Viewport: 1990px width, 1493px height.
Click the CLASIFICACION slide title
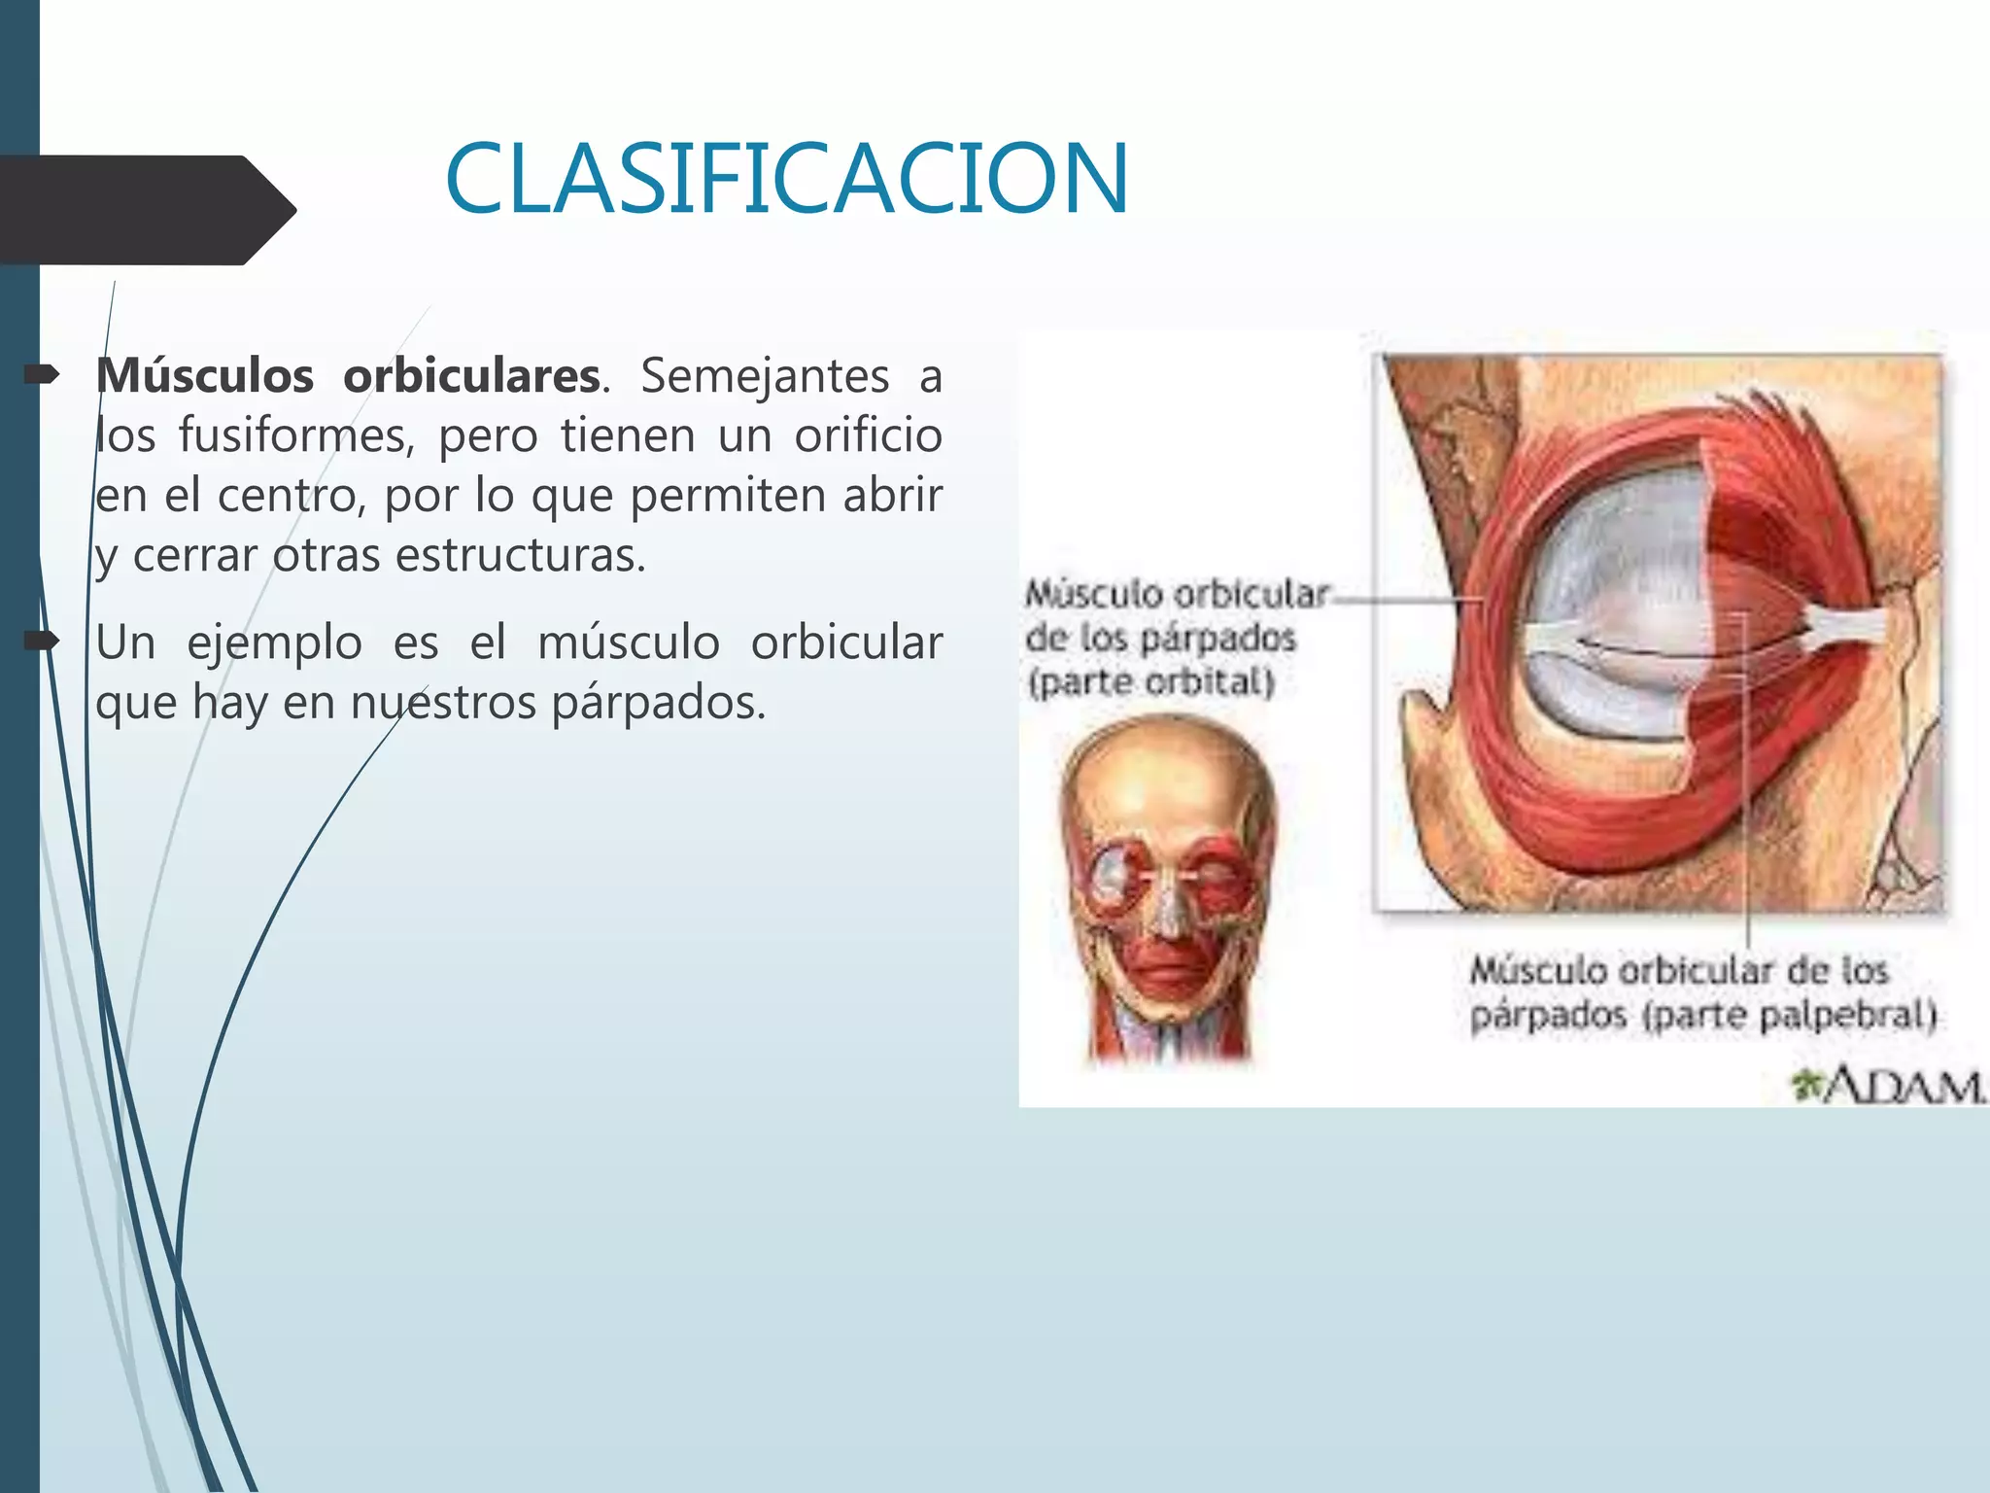[x=787, y=179]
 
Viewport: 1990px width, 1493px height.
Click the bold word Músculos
[x=205, y=376]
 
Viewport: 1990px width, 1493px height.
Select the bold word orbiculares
[x=471, y=376]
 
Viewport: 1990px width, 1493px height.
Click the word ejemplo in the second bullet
[x=274, y=643]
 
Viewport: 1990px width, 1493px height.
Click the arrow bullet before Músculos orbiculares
[x=42, y=375]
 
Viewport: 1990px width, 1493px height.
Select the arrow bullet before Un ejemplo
[x=42, y=641]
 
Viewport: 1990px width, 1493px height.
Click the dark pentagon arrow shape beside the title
[x=146, y=210]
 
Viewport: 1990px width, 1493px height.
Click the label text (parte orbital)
[x=1150, y=681]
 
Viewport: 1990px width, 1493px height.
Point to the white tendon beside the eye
[x=1846, y=627]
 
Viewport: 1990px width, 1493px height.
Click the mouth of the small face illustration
[x=1165, y=962]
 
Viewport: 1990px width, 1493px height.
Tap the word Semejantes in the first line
[x=765, y=376]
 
